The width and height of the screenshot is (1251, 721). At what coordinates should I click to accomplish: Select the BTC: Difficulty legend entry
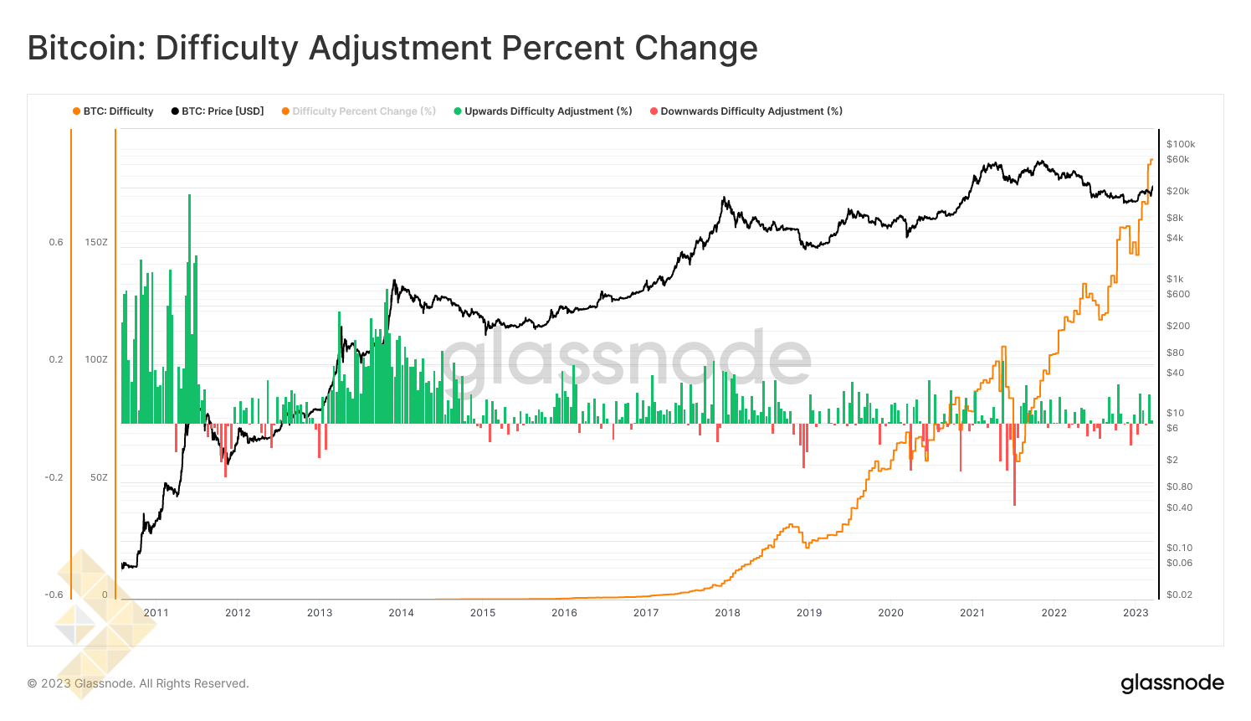[x=118, y=111]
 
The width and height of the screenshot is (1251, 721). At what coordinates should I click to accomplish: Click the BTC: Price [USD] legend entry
[x=223, y=111]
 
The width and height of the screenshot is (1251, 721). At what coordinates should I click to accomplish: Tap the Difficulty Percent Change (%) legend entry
[x=364, y=111]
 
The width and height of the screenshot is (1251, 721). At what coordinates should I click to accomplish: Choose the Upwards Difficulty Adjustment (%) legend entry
[x=548, y=111]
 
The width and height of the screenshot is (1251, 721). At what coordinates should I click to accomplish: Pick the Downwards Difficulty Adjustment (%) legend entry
[x=751, y=111]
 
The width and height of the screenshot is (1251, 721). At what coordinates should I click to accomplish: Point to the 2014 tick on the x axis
[x=401, y=613]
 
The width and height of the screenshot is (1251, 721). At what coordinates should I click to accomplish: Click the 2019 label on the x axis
[x=809, y=613]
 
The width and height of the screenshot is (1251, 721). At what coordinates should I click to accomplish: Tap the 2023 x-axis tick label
[x=1136, y=613]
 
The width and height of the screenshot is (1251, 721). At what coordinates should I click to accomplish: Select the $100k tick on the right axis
[x=1181, y=144]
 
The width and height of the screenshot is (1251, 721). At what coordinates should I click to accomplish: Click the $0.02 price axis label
[x=1179, y=595]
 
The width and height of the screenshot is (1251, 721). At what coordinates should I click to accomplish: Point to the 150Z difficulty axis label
[x=96, y=243]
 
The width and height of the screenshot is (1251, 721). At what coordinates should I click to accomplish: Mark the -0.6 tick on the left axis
[x=54, y=595]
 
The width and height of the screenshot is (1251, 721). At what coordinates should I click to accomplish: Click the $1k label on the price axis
[x=1175, y=279]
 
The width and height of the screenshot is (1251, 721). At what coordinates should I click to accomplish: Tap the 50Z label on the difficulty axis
[x=99, y=477]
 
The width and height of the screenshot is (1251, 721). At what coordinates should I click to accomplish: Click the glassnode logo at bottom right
[x=1172, y=683]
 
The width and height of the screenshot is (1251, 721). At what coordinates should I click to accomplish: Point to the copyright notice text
[x=138, y=684]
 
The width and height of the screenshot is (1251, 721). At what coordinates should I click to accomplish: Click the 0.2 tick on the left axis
[x=56, y=360]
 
